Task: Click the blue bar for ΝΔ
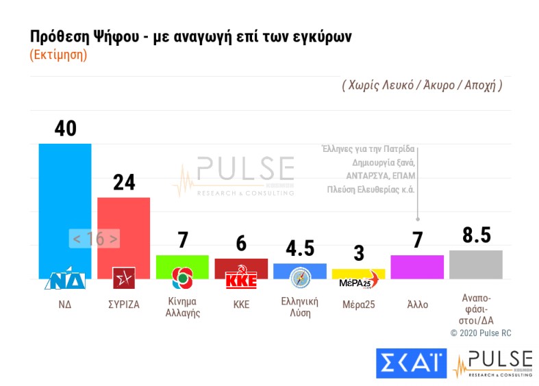[64, 205]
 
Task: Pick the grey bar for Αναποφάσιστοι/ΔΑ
[476, 264]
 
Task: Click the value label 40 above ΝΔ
[64, 128]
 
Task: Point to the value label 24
[124, 182]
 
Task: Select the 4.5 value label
[300, 248]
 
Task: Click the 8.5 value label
[476, 235]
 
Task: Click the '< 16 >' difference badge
[95, 239]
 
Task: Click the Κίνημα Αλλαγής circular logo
[182, 277]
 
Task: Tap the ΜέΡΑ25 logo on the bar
[356, 283]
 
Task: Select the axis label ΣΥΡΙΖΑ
[124, 305]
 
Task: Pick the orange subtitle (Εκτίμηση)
[58, 55]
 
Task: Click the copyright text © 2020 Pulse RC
[480, 333]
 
